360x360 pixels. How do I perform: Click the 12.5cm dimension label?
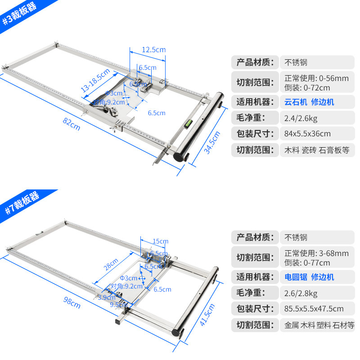[153, 49]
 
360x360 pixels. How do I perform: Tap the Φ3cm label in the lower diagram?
[128, 278]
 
